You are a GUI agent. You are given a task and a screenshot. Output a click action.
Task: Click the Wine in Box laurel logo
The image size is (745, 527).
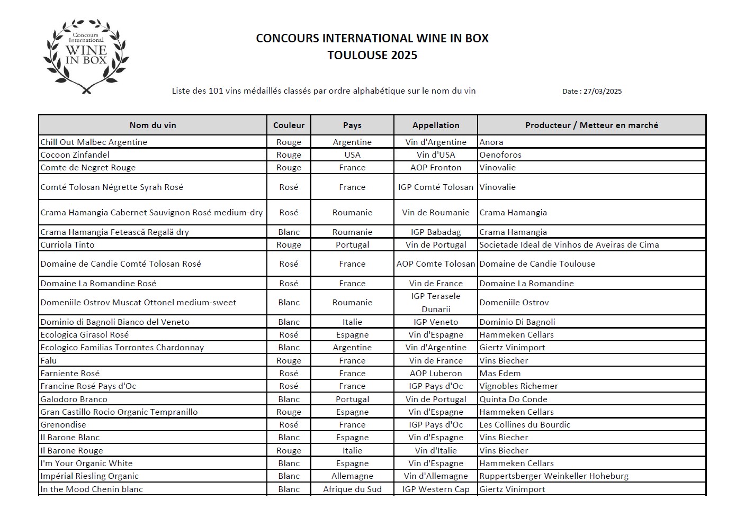click(86, 57)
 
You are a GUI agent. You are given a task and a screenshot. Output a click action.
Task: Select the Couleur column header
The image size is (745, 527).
click(289, 125)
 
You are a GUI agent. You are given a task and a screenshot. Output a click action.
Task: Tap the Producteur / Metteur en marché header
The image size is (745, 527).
click(591, 125)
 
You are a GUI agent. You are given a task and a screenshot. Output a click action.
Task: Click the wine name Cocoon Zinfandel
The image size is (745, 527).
click(75, 155)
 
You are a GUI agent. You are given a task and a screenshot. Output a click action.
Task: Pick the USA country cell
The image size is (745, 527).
click(352, 155)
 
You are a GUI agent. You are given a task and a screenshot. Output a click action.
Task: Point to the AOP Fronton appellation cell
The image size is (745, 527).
click(436, 168)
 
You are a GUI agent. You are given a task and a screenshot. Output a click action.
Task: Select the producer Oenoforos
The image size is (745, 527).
click(500, 155)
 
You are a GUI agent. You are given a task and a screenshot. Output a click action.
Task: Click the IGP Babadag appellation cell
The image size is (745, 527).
click(436, 232)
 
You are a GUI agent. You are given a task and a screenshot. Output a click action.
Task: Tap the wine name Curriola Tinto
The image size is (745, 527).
click(68, 245)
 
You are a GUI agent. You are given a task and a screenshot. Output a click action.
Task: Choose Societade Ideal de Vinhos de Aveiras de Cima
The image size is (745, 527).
click(569, 245)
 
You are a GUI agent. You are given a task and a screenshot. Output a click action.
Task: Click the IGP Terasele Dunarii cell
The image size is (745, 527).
click(436, 303)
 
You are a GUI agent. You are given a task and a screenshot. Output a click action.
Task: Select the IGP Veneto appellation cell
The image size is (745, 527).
click(436, 322)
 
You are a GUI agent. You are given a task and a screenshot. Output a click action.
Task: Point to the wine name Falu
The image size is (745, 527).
click(49, 361)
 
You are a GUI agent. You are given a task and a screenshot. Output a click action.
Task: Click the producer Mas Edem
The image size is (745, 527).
click(500, 374)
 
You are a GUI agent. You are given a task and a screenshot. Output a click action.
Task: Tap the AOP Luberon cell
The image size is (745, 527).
click(436, 374)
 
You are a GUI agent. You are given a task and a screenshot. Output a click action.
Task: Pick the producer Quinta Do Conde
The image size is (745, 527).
click(513, 399)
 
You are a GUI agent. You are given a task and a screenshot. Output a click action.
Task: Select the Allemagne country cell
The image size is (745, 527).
click(352, 476)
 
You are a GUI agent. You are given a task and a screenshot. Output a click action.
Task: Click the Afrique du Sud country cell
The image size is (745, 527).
click(352, 489)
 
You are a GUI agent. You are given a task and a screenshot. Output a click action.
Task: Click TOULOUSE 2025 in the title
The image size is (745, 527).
click(372, 56)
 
